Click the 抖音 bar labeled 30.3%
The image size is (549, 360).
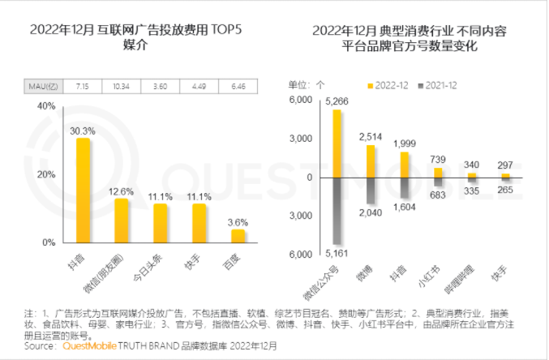point(83,190)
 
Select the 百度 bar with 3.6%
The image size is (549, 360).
point(237,235)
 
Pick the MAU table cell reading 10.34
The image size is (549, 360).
point(122,85)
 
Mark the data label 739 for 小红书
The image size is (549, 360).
point(438,159)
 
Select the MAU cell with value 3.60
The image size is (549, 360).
point(161,85)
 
